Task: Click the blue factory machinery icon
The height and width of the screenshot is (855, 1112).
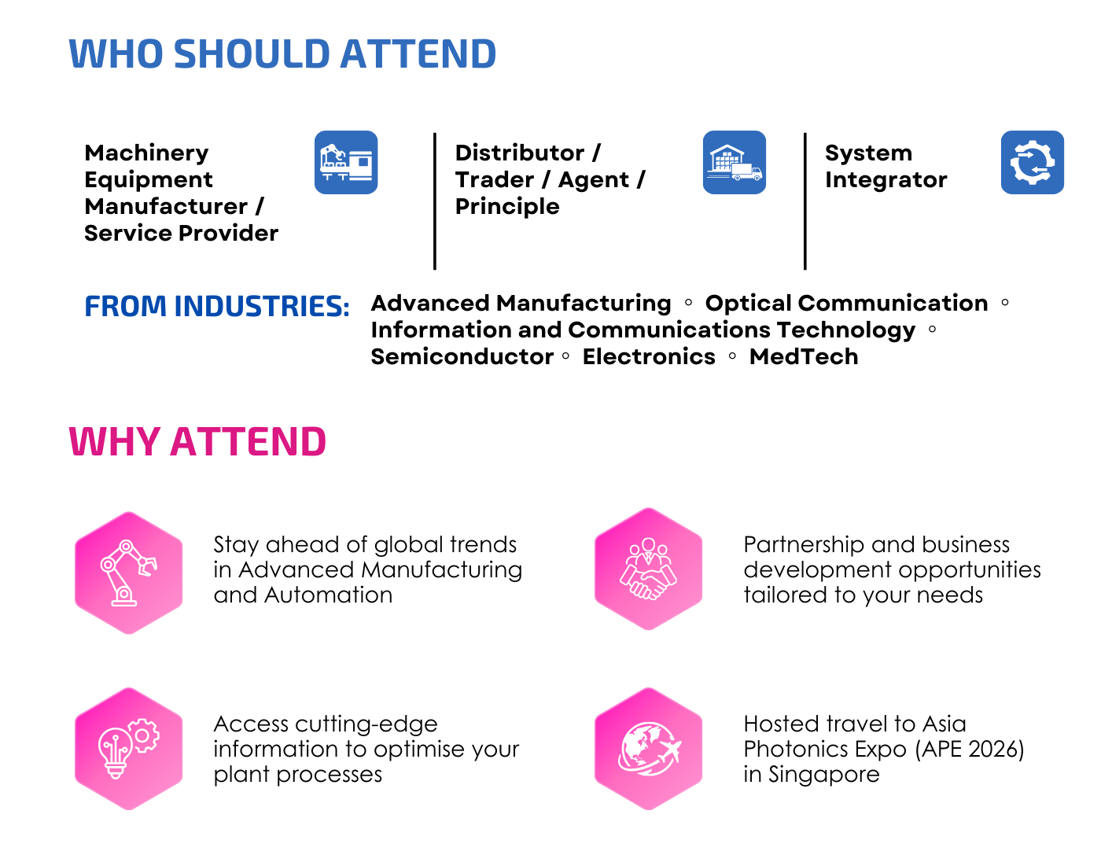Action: click(346, 162)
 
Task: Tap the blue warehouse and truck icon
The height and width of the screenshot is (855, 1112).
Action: click(735, 162)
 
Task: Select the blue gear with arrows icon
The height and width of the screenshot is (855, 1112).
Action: click(1033, 162)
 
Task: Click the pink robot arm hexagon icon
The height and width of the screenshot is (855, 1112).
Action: click(128, 573)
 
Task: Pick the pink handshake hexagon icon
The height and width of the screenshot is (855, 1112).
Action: click(648, 569)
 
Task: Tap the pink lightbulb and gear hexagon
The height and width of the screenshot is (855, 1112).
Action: click(128, 749)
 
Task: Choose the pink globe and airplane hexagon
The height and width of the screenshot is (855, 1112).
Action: click(648, 749)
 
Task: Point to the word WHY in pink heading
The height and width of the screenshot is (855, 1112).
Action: click(115, 441)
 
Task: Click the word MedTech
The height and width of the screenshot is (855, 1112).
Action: click(804, 356)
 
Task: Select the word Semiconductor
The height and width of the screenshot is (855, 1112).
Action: click(462, 356)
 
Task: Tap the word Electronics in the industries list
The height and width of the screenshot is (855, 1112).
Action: click(649, 356)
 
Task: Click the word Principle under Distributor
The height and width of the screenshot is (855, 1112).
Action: click(507, 207)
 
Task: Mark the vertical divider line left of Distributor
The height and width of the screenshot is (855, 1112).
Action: click(435, 201)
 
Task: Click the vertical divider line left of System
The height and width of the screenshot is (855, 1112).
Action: click(805, 201)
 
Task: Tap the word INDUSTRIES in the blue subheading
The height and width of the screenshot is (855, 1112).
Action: click(262, 306)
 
